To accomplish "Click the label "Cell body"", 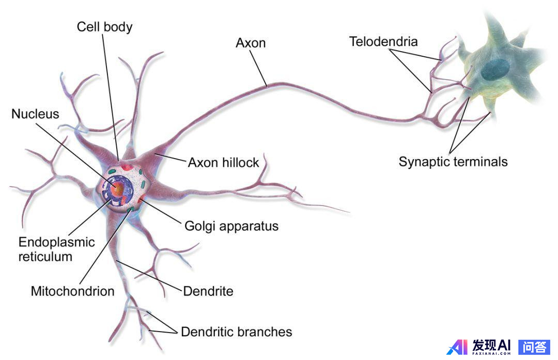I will pos(104,26).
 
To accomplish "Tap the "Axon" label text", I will pos(251,43).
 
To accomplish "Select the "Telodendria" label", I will pos(383,41).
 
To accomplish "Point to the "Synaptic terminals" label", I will pos(453,162).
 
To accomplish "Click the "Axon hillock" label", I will pos(223,163).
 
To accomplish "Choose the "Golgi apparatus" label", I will pos(231,226).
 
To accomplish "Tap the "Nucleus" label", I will pos(35,114).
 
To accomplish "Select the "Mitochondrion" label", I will pos(72,291).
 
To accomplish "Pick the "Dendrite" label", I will pos(208,291).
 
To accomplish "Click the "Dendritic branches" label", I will pos(236,332).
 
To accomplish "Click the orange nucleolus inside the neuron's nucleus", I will pos(118,190).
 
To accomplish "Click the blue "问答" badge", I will pos(534,347).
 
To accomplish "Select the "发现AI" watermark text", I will pos(491,345).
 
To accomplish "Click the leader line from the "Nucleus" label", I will pos(78,150).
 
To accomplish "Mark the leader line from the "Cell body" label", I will pos(110,93).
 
